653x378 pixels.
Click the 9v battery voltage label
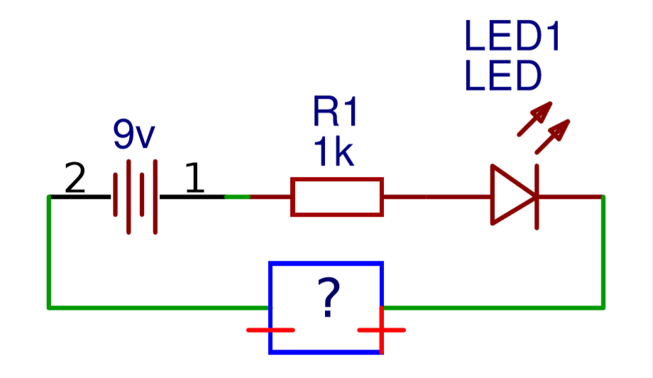133,134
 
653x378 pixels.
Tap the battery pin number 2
75,179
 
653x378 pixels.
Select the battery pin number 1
194,179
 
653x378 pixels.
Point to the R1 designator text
336,114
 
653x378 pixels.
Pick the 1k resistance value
334,153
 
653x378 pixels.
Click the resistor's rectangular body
337,197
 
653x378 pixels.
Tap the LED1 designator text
512,37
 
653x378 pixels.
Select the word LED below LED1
503,77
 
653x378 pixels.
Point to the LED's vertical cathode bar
537,196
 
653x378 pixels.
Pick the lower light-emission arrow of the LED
553,136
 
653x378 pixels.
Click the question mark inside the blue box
326,298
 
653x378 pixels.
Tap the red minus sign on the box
270,330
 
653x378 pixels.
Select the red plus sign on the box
382,330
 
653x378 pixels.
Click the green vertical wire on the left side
48,252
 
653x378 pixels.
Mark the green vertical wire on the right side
603,252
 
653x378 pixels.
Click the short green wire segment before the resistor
237,196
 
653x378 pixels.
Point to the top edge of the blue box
326,264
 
